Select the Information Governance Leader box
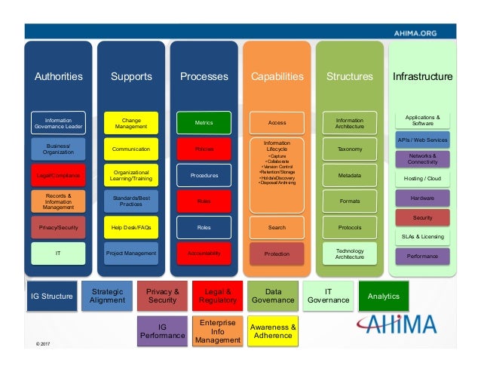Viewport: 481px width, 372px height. click(x=58, y=122)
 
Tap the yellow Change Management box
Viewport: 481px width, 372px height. click(x=131, y=122)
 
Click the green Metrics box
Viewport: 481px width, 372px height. click(x=204, y=122)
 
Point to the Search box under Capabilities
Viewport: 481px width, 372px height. click(x=277, y=226)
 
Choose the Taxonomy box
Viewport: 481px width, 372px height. click(x=349, y=149)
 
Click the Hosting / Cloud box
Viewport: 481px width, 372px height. click(x=422, y=178)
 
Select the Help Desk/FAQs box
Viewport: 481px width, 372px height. click(x=131, y=226)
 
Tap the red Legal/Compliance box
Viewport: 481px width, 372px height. click(x=58, y=175)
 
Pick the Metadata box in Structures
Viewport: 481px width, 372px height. click(x=349, y=175)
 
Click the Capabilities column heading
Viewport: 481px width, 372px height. click(x=277, y=76)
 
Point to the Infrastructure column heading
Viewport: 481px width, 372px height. click(x=422, y=76)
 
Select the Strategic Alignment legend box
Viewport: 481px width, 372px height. click(x=107, y=295)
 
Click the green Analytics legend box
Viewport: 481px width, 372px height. click(x=383, y=296)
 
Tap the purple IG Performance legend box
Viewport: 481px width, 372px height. click(x=161, y=330)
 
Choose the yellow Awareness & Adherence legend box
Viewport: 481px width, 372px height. click(x=273, y=330)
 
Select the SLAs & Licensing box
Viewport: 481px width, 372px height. click(x=422, y=236)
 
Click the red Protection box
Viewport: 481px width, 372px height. click(x=277, y=254)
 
